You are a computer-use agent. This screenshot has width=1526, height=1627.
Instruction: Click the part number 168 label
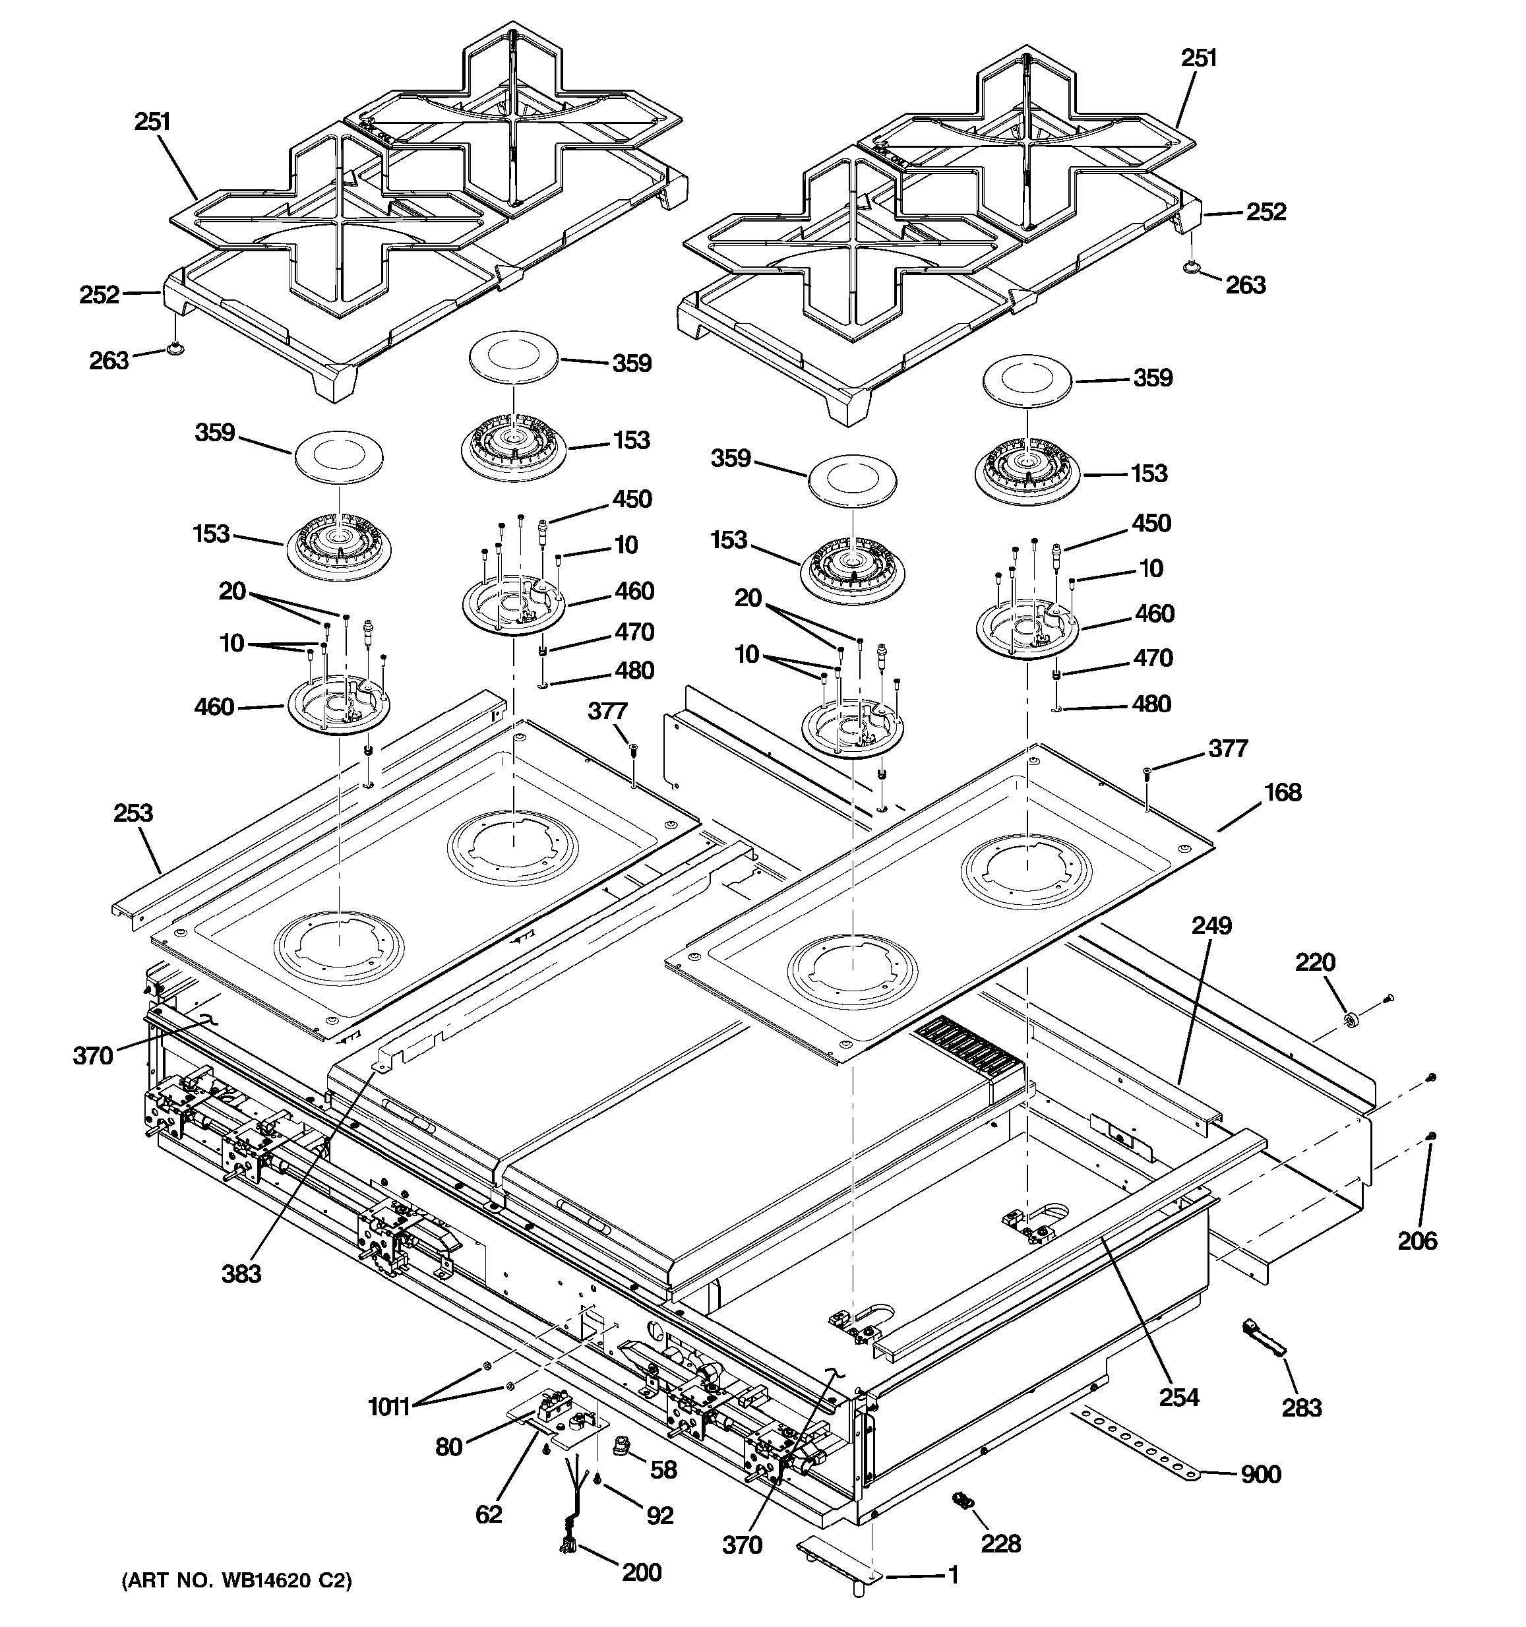click(x=1282, y=792)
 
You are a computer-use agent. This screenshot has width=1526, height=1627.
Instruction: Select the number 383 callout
click(x=241, y=1274)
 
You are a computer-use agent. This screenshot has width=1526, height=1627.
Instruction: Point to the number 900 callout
click(x=1261, y=1474)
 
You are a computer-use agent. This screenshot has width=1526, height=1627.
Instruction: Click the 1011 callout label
click(x=388, y=1407)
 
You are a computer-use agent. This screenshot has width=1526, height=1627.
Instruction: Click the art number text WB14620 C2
click(x=237, y=1581)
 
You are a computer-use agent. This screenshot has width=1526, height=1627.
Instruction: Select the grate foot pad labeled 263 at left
click(x=174, y=350)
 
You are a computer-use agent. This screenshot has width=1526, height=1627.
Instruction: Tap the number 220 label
click(x=1315, y=962)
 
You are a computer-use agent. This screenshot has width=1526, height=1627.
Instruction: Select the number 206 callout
click(x=1417, y=1241)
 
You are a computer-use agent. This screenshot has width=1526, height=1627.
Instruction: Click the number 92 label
click(x=659, y=1515)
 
